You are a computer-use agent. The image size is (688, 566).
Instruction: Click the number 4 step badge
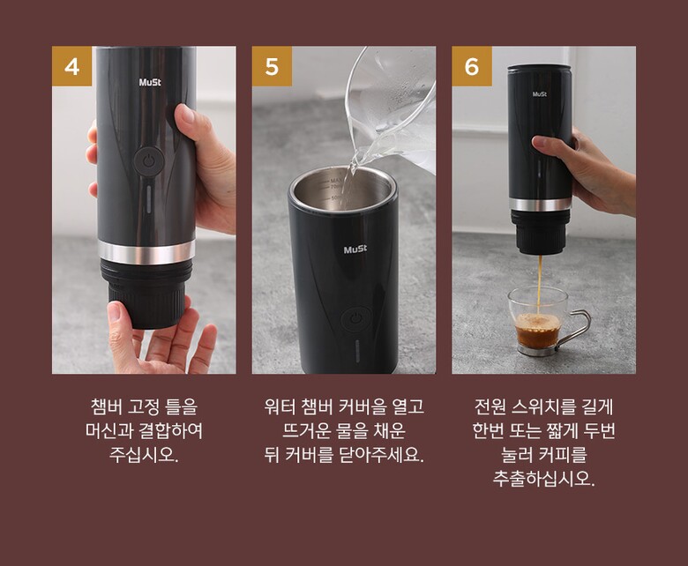[72, 66]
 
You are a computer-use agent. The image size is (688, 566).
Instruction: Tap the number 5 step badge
[272, 66]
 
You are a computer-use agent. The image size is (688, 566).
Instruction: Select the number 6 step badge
[472, 66]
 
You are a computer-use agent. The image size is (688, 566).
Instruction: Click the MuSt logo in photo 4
[150, 82]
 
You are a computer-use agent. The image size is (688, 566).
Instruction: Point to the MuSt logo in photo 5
[355, 249]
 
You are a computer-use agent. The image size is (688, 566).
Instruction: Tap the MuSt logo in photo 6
[539, 93]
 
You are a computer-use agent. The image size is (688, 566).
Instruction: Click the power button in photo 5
[355, 319]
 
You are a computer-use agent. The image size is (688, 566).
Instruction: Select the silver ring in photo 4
[146, 252]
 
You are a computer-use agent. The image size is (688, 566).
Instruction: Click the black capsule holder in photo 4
[146, 294]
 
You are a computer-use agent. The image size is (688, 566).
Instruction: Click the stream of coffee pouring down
[540, 283]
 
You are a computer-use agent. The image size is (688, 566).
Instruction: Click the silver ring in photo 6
[541, 205]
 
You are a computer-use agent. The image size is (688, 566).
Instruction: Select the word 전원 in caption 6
[490, 406]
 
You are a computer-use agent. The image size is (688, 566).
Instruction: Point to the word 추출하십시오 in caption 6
[543, 479]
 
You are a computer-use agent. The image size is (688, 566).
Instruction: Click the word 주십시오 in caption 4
[144, 455]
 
